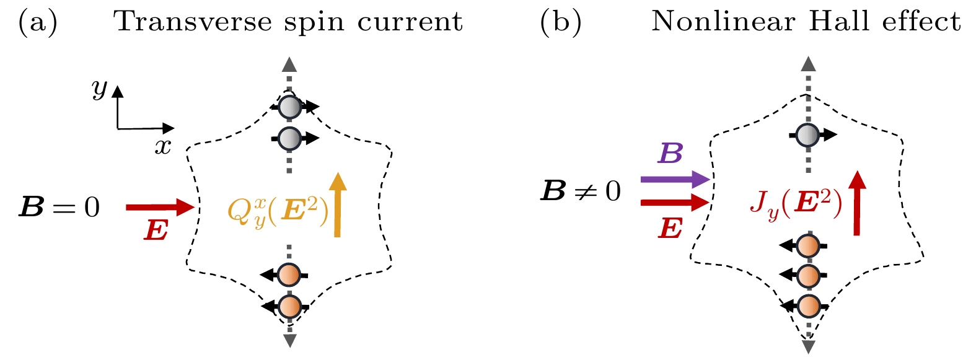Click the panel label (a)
click(x=38, y=22)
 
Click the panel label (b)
click(x=560, y=22)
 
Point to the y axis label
click(x=99, y=89)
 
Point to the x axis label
click(x=162, y=147)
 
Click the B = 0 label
click(x=59, y=208)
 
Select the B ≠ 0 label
click(x=581, y=191)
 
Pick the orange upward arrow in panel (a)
click(x=337, y=204)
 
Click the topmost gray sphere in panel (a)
click(x=289, y=107)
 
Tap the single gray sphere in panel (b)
click(x=807, y=134)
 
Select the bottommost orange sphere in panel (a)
click(x=289, y=306)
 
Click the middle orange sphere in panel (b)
click(x=807, y=274)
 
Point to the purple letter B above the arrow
click(x=670, y=153)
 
